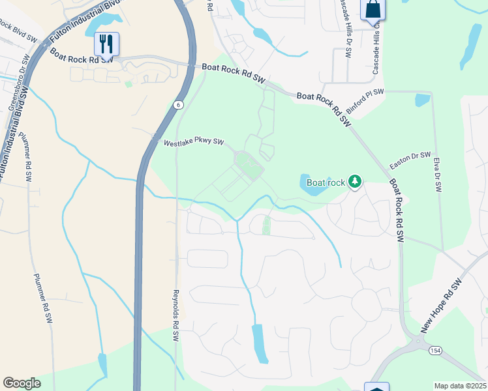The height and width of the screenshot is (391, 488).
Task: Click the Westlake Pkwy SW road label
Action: pyautogui.click(x=194, y=142)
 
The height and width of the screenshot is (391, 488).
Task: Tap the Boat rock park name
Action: pyautogui.click(x=326, y=182)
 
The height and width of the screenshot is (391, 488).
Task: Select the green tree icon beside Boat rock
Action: pyautogui.click(x=355, y=181)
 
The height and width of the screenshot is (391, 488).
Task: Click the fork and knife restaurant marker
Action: pyautogui.click(x=106, y=44)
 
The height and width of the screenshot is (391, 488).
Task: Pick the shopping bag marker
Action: pyautogui.click(x=373, y=9)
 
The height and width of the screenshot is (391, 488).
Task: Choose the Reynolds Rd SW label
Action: pyautogui.click(x=175, y=317)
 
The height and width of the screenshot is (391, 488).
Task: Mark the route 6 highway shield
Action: pyautogui.click(x=177, y=104)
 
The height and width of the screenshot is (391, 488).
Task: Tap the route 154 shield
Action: pyautogui.click(x=435, y=351)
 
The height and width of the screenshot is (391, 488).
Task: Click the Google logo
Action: pyautogui.click(x=22, y=383)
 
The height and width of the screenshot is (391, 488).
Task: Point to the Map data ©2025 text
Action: pyautogui.click(x=460, y=386)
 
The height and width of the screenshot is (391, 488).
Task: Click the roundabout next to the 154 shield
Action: pyautogui.click(x=417, y=340)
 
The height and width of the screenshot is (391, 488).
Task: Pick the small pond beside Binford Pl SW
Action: pyautogui.click(x=423, y=100)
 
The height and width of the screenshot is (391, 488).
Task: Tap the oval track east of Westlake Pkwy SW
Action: pyautogui.click(x=248, y=164)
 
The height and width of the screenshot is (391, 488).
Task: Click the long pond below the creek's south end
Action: pyautogui.click(x=260, y=343)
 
